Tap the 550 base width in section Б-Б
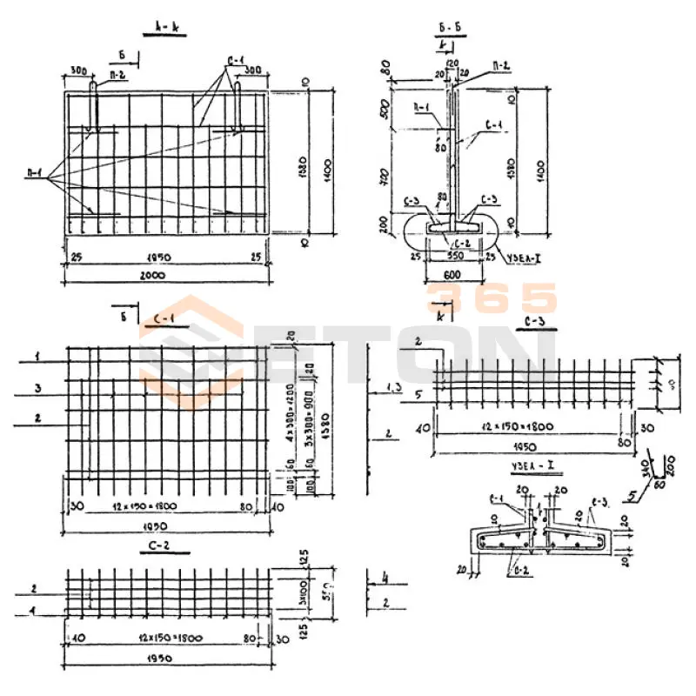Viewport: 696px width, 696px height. click(455, 258)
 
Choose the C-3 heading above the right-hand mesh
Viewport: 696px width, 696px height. click(536, 325)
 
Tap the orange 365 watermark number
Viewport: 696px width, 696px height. click(491, 298)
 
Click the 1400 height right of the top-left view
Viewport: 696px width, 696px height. click(329, 163)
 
